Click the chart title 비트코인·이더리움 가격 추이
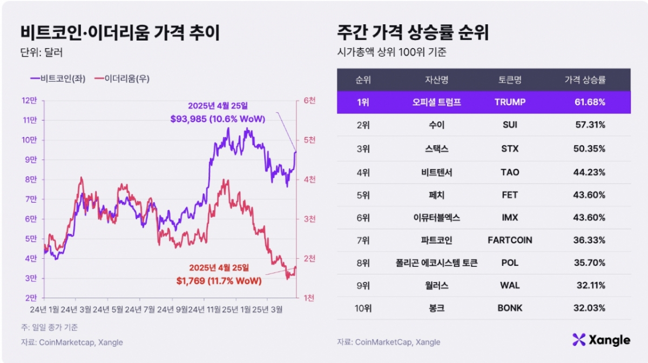coord(119,33)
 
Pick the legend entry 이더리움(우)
coord(122,79)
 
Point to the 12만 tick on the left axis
coord(28,100)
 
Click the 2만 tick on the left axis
coord(28,298)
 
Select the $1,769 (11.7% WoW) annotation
coord(219,281)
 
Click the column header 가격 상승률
coord(585,80)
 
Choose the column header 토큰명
coord(509,80)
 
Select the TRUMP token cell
coord(509,102)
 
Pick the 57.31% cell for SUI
coord(590,125)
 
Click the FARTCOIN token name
coord(509,240)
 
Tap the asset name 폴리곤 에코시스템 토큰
coord(436,263)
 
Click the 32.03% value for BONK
coord(590,308)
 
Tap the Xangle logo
coord(601,340)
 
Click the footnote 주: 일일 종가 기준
coord(49,327)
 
